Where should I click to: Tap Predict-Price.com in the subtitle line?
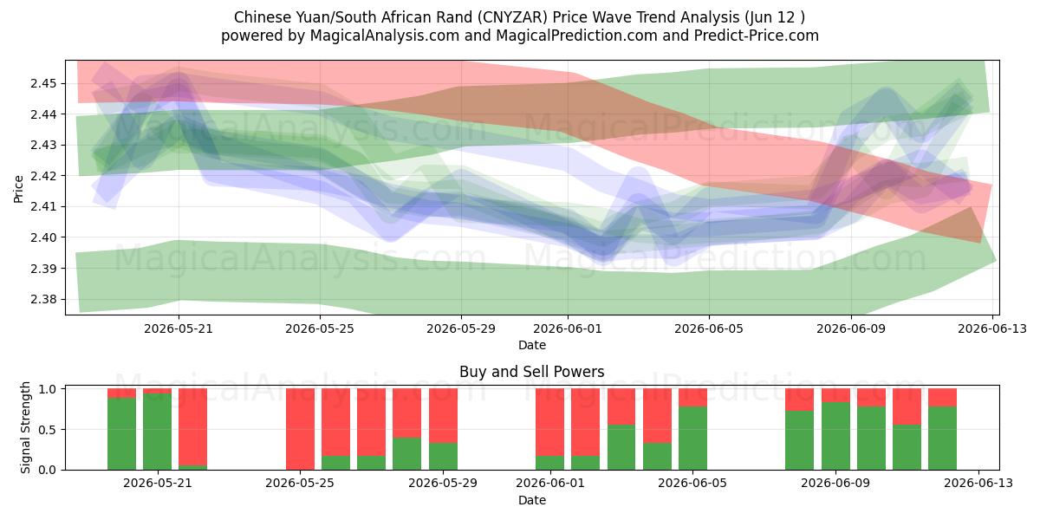coord(757,36)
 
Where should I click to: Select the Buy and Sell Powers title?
coord(531,372)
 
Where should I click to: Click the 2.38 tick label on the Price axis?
coord(43,300)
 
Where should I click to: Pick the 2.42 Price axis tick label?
coord(43,176)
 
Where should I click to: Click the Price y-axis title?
coord(18,189)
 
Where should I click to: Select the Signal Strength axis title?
coord(25,427)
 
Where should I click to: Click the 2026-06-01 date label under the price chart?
coord(568,328)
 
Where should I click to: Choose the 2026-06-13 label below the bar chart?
coord(978,484)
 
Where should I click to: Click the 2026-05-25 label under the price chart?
coord(320,328)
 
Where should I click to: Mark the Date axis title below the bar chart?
coord(531,500)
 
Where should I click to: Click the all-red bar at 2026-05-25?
coord(300,429)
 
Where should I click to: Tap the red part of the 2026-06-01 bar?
coord(549,422)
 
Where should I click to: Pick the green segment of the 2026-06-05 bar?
coord(692,439)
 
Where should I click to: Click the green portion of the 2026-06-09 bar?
coord(835,436)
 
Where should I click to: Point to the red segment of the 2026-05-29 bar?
coord(443,415)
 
